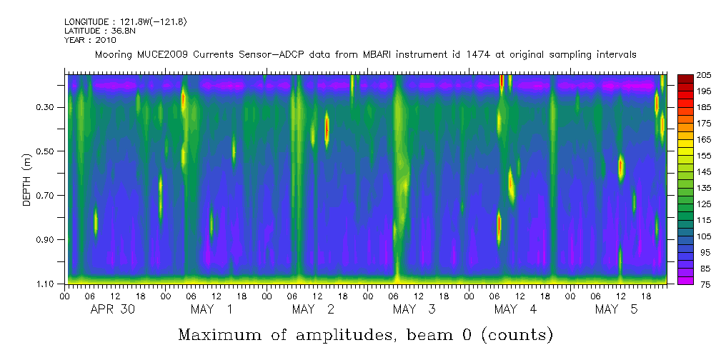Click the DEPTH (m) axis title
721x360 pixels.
click(x=27, y=179)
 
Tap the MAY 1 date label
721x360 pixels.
click(x=212, y=309)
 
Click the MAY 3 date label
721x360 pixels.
click(x=414, y=309)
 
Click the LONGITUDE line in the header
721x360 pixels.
click(x=125, y=22)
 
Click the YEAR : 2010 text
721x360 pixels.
click(x=89, y=40)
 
